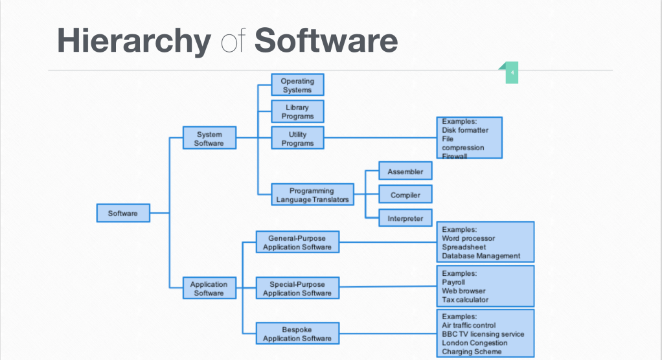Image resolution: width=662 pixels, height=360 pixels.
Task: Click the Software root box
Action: click(123, 213)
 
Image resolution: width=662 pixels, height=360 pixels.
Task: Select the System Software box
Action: click(209, 139)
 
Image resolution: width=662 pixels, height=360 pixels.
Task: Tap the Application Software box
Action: click(209, 288)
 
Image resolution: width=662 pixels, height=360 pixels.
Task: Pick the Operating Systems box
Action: click(297, 85)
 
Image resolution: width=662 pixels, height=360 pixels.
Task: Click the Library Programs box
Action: click(297, 111)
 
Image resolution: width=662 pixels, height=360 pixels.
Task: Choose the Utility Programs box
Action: click(297, 139)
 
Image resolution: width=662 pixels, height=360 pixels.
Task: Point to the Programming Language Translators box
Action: click(312, 195)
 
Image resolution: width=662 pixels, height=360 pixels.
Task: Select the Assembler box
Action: click(405, 172)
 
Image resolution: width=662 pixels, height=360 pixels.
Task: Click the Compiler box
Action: click(405, 195)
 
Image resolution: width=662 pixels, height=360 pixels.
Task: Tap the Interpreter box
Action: click(405, 218)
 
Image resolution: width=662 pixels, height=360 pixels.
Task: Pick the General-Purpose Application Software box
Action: click(297, 242)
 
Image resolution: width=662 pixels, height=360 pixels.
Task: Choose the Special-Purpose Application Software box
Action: click(297, 288)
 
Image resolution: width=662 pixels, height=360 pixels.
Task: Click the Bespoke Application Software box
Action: click(297, 334)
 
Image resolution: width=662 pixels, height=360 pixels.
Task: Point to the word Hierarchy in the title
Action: click(133, 41)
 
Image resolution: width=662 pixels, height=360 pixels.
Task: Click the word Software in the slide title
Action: click(326, 41)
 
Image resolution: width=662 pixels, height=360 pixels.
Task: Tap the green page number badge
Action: click(512, 73)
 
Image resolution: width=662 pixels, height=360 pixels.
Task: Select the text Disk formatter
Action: click(465, 130)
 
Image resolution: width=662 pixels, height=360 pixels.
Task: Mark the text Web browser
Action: click(464, 291)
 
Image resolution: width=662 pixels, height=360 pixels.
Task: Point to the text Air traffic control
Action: click(469, 325)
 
